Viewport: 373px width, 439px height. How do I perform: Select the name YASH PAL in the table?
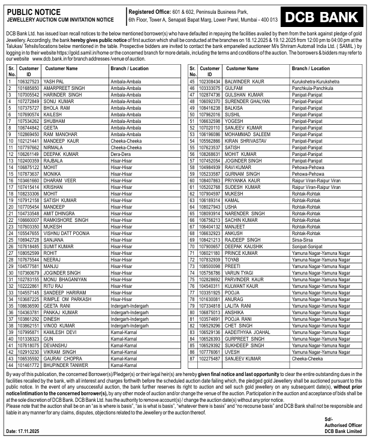tap(54, 81)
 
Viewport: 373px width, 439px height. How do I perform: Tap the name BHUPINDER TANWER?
tap(67, 365)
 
